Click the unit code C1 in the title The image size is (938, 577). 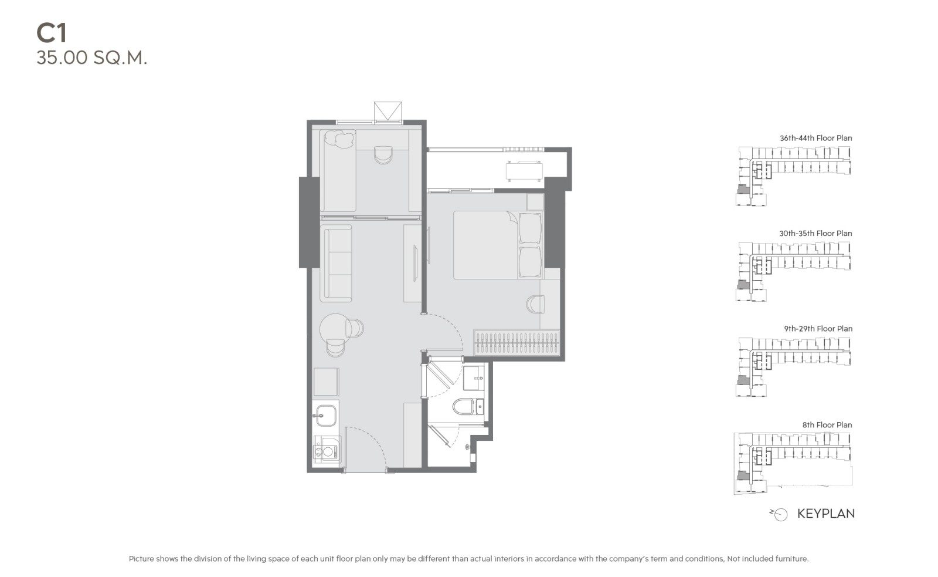tap(52, 33)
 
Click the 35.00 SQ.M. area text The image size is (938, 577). tap(91, 58)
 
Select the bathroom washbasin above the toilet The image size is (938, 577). tap(474, 377)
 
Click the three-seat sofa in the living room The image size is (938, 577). tap(336, 264)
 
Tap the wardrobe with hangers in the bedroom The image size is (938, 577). tap(516, 343)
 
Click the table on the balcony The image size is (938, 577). tap(524, 171)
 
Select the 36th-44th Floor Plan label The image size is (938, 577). tap(815, 138)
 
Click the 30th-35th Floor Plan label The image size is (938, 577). tap(815, 233)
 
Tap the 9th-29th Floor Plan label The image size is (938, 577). tap(818, 329)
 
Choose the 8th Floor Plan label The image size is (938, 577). tap(827, 425)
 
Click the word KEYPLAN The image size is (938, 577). tap(826, 514)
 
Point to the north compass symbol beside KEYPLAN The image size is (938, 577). tap(779, 515)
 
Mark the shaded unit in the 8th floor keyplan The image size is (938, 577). tap(742, 475)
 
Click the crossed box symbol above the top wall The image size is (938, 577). tap(388, 111)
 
